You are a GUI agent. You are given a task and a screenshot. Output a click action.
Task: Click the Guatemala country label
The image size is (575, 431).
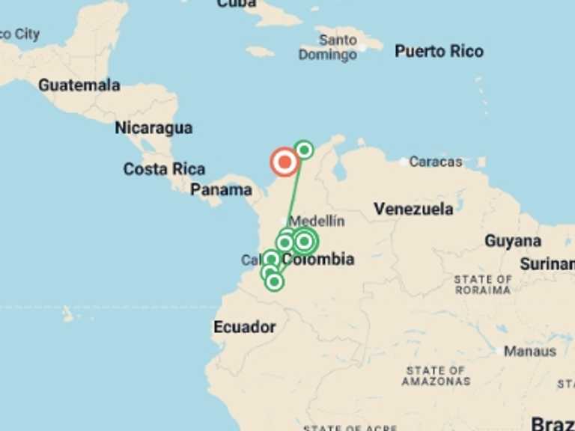[79, 85]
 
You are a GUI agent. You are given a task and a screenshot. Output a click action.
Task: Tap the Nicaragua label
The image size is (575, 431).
[153, 128]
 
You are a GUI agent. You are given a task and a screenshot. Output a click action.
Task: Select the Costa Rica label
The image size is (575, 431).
[164, 169]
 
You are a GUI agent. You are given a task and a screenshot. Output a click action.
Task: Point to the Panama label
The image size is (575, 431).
[221, 190]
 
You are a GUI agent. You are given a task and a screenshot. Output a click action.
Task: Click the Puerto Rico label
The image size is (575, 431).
[439, 52]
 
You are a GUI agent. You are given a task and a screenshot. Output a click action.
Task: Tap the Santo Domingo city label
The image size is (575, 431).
[328, 47]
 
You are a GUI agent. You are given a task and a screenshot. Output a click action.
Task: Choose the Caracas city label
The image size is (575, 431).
[436, 162]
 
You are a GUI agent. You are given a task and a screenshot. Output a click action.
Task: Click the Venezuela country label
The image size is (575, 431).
[413, 209]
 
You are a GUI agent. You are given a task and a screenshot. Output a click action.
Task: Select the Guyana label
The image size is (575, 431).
[513, 241]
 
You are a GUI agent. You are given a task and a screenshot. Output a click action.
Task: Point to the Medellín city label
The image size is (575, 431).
[317, 221]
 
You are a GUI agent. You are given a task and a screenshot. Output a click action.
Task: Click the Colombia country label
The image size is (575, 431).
[318, 260]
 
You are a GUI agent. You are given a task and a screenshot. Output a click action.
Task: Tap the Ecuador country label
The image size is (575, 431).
[244, 327]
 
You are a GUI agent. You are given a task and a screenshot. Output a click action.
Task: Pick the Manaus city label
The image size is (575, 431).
[530, 351]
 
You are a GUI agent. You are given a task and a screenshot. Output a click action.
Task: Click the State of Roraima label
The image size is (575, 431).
[483, 285]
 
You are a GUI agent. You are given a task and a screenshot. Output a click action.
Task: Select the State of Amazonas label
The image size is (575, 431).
[436, 376]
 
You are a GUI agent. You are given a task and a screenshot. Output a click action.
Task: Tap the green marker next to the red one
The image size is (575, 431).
[303, 150]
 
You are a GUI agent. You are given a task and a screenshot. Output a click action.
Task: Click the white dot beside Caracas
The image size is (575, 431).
[404, 162]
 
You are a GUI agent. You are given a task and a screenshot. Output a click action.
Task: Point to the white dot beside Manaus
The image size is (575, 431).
[496, 350]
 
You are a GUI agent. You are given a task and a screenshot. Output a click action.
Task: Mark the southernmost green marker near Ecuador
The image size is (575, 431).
[274, 281]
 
